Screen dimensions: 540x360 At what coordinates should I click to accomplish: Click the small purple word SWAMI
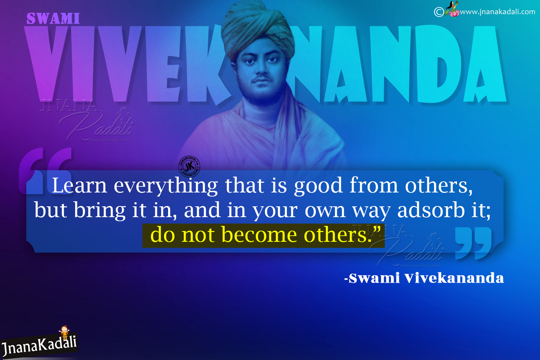tap(53, 18)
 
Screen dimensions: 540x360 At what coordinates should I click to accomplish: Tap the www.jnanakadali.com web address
tap(497, 12)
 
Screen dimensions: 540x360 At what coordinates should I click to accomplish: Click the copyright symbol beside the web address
tap(439, 12)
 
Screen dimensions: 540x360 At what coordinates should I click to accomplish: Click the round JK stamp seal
tap(189, 166)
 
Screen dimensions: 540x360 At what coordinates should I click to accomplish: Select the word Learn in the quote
tap(79, 185)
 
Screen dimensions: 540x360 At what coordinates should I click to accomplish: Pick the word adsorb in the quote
tap(431, 210)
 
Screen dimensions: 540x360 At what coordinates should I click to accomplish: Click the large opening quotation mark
tap(45, 171)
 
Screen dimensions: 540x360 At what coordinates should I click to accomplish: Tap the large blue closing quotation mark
tap(473, 243)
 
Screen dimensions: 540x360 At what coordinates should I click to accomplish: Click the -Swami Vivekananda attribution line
tap(424, 278)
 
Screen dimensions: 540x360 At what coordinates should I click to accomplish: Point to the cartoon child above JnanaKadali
tap(64, 332)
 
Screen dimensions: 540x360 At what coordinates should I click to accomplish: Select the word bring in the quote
tap(100, 210)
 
